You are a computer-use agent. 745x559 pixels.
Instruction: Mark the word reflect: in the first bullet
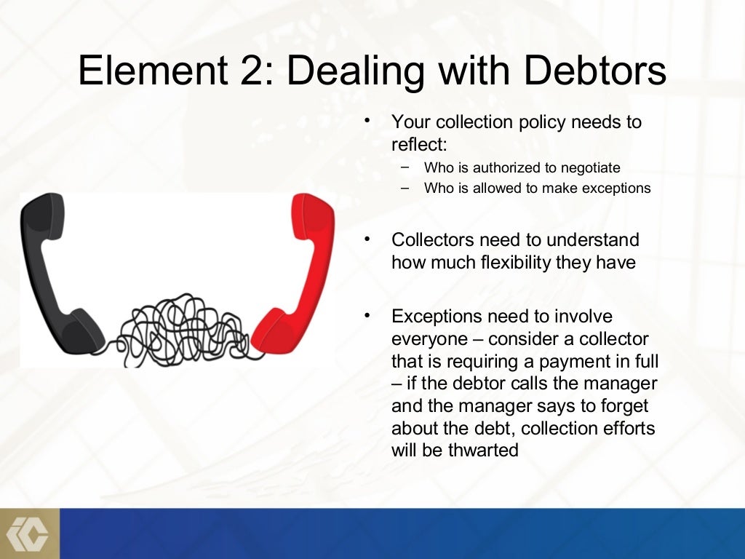click(x=419, y=143)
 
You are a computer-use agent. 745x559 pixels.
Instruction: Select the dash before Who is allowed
click(x=405, y=187)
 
